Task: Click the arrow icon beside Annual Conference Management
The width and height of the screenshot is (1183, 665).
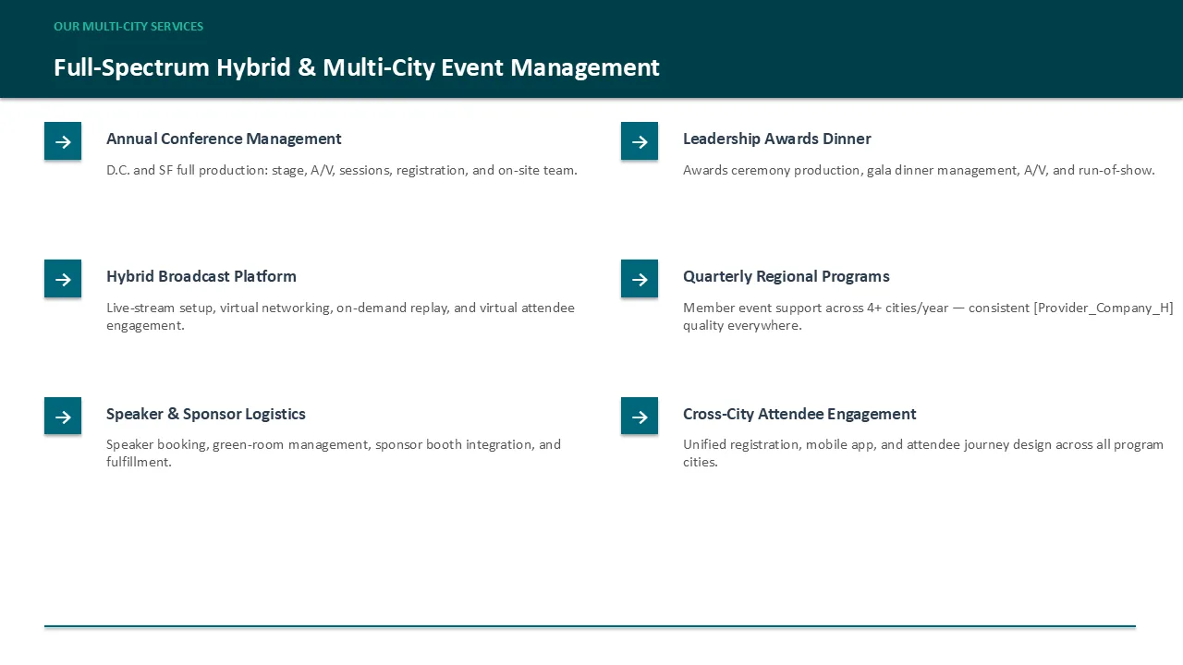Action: [x=63, y=141]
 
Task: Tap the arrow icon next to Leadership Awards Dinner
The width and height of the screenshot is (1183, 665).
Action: [x=640, y=141]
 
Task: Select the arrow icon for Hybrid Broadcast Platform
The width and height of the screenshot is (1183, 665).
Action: [x=63, y=279]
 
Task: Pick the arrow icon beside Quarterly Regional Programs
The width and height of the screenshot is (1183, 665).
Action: [x=640, y=279]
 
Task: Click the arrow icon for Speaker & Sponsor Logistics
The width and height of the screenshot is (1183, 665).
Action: [x=63, y=416]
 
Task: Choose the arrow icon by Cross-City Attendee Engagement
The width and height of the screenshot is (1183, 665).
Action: [x=640, y=416]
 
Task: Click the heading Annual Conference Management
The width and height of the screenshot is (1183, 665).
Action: [x=224, y=139]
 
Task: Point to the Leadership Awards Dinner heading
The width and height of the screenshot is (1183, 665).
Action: [x=777, y=139]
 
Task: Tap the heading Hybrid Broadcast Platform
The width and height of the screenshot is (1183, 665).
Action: [x=201, y=276]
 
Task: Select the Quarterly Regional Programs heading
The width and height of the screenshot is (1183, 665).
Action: [x=787, y=276]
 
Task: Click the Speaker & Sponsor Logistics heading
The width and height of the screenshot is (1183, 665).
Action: [x=206, y=415]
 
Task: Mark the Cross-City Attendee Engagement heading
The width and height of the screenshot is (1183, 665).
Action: [x=799, y=415]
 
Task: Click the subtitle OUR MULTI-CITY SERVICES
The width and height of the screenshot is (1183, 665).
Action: [x=128, y=27]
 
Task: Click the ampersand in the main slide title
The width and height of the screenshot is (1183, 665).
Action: [x=306, y=67]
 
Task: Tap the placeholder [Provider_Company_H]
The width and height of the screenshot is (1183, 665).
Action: [x=1104, y=308]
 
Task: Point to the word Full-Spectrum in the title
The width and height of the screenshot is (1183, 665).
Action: [x=131, y=68]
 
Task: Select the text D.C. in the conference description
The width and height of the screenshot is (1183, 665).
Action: [x=117, y=171]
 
